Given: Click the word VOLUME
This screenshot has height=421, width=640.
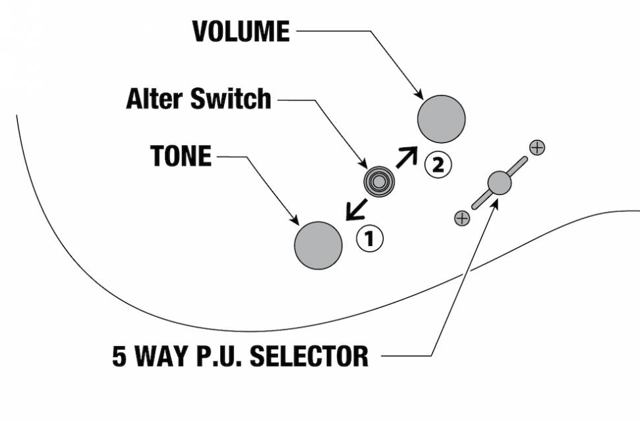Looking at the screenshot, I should (x=240, y=32).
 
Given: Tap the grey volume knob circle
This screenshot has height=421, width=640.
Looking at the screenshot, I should (x=441, y=119).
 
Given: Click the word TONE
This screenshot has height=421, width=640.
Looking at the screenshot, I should (x=181, y=157).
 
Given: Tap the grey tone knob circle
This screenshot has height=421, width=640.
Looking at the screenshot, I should (x=318, y=245).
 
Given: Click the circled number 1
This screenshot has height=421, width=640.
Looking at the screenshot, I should (x=369, y=239).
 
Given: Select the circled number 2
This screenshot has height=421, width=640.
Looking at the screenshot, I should (x=438, y=164).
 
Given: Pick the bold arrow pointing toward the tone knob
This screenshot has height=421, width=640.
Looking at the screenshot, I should (x=355, y=210).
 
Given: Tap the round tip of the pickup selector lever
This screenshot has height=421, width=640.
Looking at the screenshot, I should (x=499, y=183).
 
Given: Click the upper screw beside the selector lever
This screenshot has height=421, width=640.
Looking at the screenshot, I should (x=537, y=147).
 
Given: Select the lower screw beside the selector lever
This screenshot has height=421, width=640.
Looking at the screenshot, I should (x=462, y=218).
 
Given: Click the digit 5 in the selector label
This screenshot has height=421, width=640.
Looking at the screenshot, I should (x=121, y=356).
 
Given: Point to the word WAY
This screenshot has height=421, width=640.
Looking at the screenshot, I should (x=164, y=356).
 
